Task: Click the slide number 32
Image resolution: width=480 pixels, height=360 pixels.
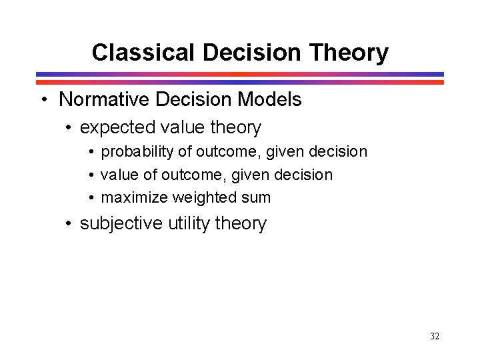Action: (435, 337)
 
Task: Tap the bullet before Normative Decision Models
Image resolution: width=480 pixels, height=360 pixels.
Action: (44, 100)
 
